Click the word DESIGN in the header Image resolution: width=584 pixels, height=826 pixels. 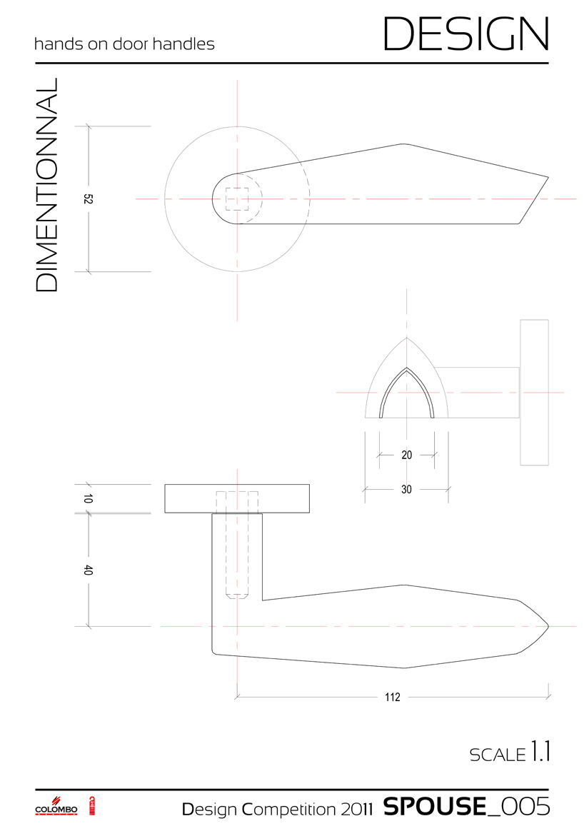pos(466,33)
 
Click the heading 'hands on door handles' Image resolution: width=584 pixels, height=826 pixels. pos(124,44)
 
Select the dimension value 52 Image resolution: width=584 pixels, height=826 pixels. pos(89,200)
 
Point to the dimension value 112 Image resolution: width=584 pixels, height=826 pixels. pos(392,697)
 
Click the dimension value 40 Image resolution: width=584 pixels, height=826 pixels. pos(89,570)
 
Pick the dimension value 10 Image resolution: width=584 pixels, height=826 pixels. pos(89,499)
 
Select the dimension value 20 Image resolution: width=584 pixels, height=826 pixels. pos(406,455)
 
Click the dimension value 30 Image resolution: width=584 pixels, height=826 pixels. pos(406,490)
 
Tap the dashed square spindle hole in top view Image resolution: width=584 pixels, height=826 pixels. pos(237,198)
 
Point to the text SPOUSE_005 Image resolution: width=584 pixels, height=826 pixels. pos(466,806)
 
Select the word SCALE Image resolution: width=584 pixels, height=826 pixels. pos(497,755)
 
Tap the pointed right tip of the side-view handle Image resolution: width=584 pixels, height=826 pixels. pos(546,626)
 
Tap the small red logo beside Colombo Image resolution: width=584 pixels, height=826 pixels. pos(92,805)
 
